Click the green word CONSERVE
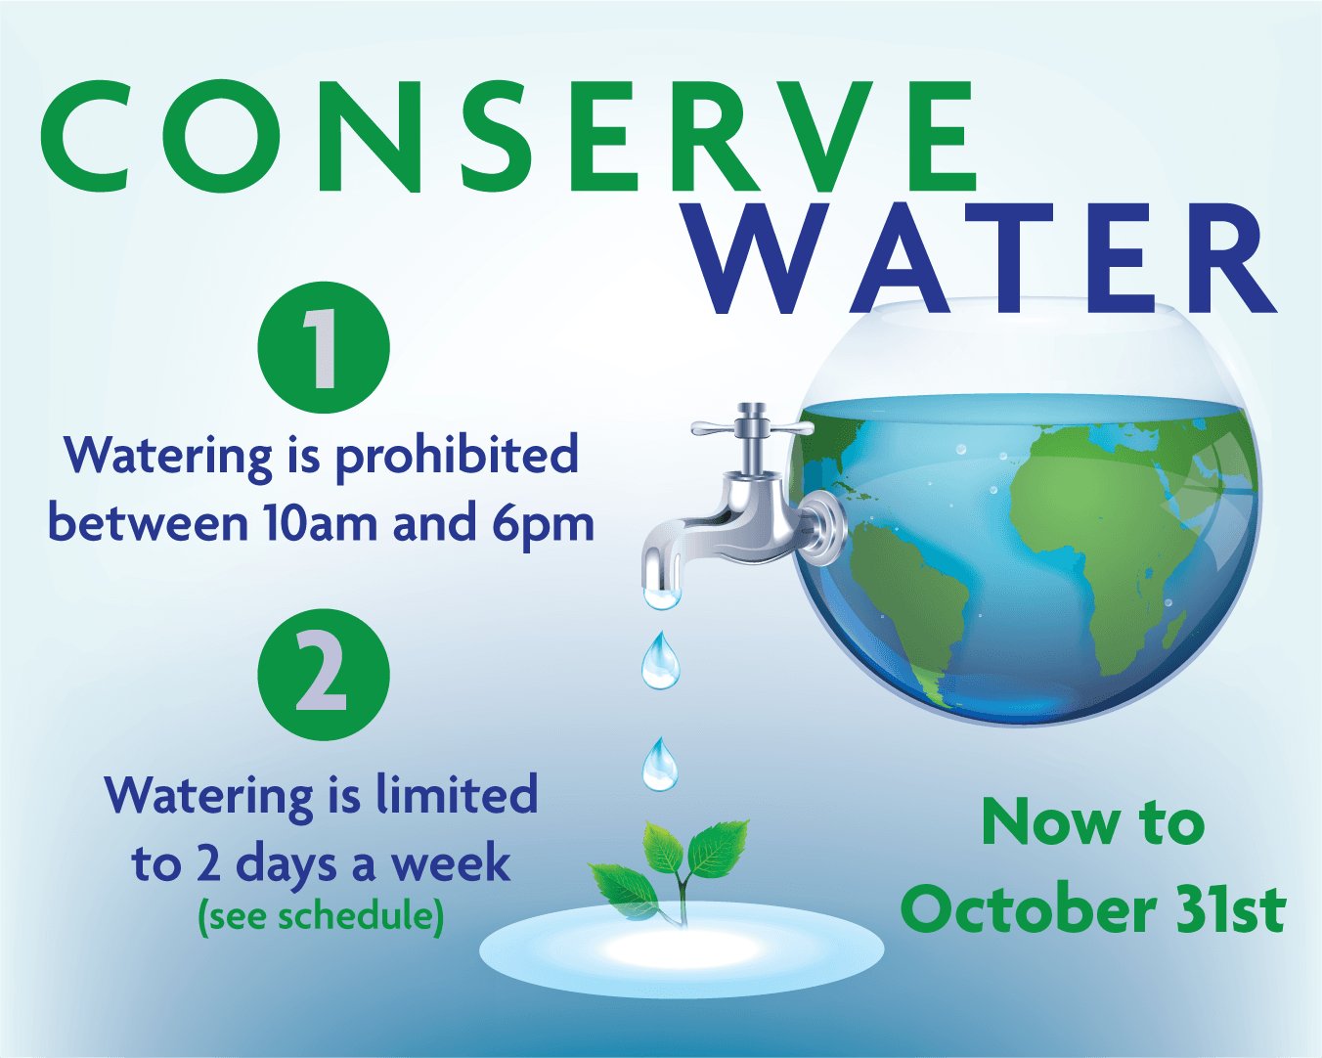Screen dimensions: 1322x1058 [x=508, y=136]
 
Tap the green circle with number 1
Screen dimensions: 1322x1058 [x=324, y=348]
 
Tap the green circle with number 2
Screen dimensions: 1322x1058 [x=324, y=675]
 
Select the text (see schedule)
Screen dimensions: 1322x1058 [x=321, y=916]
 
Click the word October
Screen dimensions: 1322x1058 [x=1027, y=910]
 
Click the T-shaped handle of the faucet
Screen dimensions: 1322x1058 [x=753, y=427]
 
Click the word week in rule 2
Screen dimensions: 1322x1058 [x=452, y=863]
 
